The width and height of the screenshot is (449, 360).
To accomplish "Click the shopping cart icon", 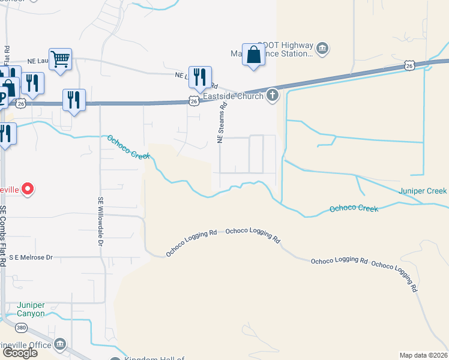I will [60, 59].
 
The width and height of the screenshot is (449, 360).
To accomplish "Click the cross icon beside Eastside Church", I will [273, 95].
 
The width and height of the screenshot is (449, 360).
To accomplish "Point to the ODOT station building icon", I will [322, 48].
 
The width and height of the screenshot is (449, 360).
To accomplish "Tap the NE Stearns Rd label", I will [221, 122].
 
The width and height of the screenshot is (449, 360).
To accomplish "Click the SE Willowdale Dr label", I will [101, 221].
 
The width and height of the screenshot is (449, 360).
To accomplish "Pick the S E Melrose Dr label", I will [31, 257].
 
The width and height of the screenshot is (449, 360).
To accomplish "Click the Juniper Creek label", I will [423, 191].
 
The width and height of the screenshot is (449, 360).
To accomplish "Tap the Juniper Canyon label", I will [31, 309].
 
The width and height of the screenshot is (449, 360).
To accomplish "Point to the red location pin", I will [27, 190].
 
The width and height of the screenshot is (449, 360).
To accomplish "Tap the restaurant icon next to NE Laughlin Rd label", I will [200, 77].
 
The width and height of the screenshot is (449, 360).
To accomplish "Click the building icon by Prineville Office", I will [60, 344].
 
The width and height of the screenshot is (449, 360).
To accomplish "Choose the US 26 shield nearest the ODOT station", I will [409, 65].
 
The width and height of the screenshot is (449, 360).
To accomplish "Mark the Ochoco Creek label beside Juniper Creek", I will [354, 209].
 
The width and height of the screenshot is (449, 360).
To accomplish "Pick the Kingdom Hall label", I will [154, 359].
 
